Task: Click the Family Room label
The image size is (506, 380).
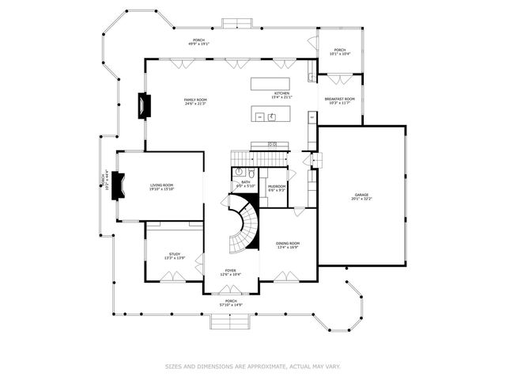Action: click(195, 99)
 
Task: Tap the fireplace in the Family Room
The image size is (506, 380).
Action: click(143, 104)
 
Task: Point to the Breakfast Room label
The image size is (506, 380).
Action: click(339, 99)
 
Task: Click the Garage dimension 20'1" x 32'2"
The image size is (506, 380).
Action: click(361, 199)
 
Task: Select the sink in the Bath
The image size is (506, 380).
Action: click(238, 171)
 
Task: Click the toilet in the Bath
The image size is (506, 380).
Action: click(251, 172)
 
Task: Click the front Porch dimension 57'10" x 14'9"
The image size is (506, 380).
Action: click(230, 305)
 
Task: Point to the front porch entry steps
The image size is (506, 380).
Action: click(231, 321)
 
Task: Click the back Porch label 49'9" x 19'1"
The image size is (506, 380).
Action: click(198, 44)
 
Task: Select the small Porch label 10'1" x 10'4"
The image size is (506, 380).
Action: click(339, 51)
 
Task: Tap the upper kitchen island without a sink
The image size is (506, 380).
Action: click(270, 83)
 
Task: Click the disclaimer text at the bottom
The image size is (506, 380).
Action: click(253, 366)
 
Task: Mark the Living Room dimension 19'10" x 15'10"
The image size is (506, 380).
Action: click(161, 189)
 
